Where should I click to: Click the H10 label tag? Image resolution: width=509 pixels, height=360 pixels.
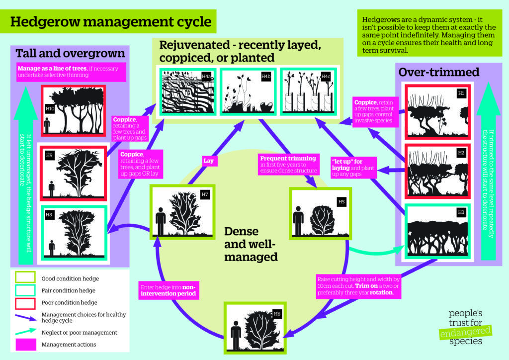click(50, 108)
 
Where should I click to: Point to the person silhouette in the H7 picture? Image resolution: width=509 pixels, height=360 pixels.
click(160, 219)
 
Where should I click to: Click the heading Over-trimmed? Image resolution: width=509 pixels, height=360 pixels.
click(439, 73)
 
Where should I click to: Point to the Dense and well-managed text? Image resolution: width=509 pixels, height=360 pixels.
click(250, 244)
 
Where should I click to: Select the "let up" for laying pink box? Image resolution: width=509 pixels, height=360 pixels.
click(353, 168)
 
